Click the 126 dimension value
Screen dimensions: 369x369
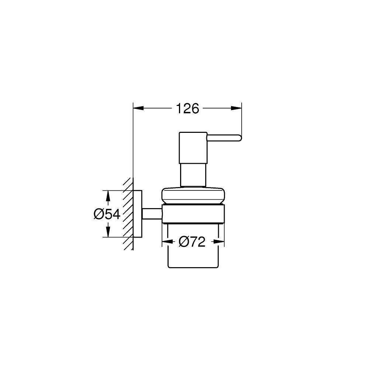(187, 108)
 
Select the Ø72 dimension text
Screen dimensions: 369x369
(192, 242)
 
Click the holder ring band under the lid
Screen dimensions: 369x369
(193, 213)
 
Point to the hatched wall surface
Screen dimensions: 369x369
(127, 214)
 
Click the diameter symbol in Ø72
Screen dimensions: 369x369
(183, 242)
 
